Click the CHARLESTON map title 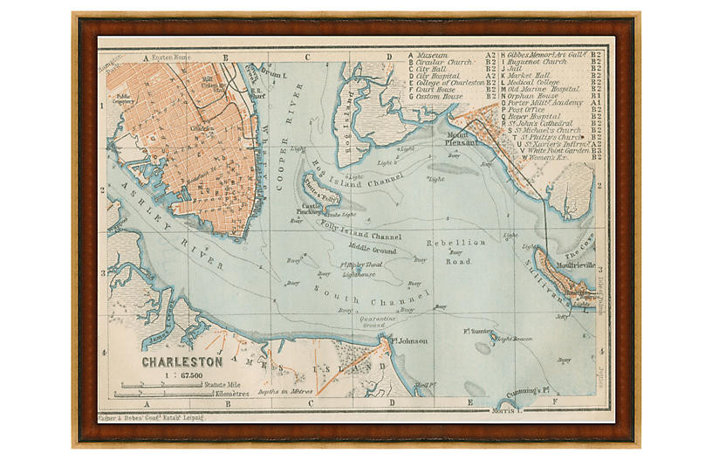[x=182, y=360]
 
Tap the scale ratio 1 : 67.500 [x=183, y=374]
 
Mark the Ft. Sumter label [x=479, y=331]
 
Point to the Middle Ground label [x=373, y=251]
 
